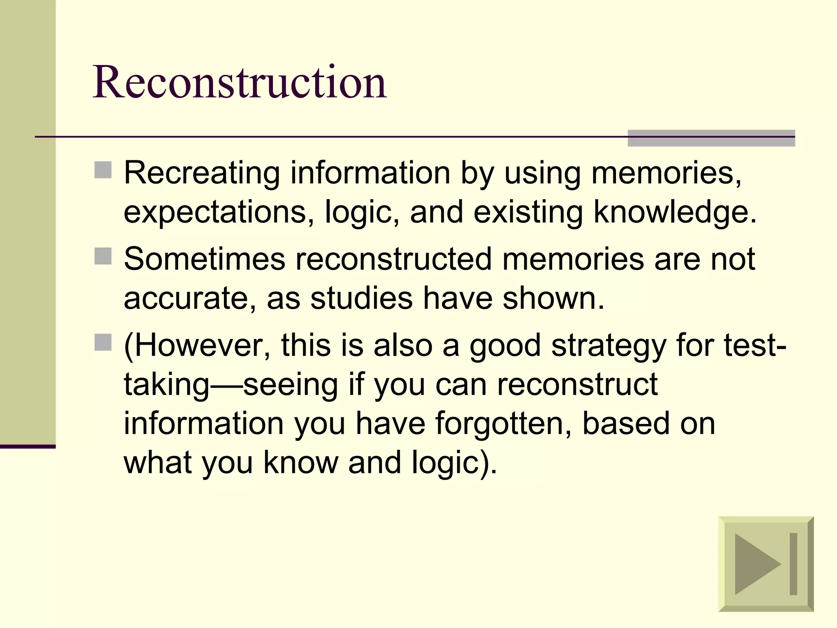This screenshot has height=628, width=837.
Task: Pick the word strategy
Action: point(609,345)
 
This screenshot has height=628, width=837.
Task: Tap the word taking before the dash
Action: point(167,385)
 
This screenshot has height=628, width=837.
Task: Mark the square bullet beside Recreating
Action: point(103,170)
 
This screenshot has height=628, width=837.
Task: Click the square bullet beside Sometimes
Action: point(103,256)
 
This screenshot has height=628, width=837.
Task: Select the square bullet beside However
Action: point(103,343)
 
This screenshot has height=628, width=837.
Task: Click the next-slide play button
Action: point(765,564)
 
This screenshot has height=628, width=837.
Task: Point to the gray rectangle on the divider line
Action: point(711,138)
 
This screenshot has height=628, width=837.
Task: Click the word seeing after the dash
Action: point(290,385)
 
